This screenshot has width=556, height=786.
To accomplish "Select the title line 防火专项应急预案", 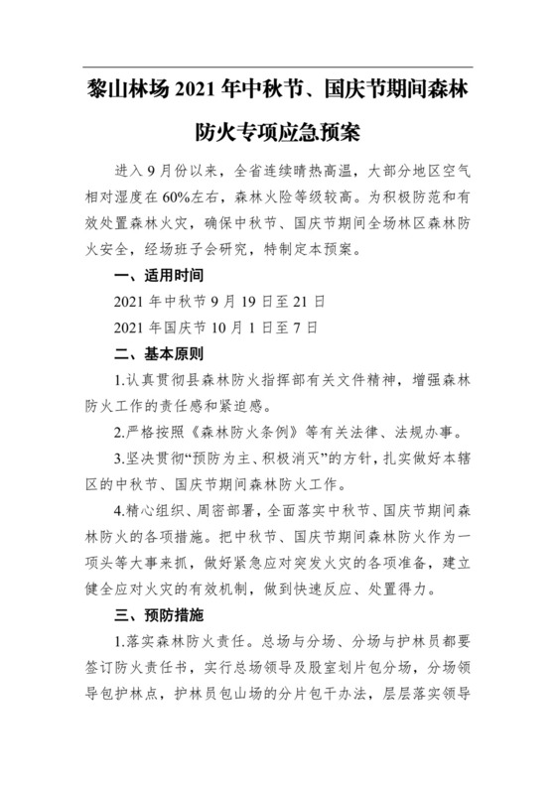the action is click(278, 130).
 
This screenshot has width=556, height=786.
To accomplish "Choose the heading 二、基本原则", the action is click(160, 354).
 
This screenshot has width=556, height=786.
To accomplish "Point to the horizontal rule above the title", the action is click(278, 67).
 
